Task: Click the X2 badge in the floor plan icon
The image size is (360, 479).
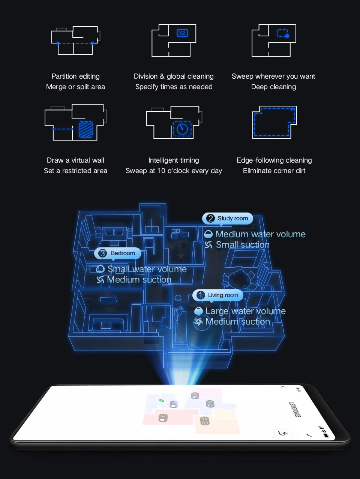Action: point(182,33)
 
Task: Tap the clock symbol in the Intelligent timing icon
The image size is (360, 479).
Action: point(182,129)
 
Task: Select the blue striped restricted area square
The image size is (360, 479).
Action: point(85,129)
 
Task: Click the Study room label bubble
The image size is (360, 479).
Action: point(228,219)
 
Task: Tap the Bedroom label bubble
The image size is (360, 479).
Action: point(118,253)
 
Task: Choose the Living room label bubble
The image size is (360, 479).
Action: point(218,295)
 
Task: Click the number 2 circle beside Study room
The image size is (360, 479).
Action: point(210,219)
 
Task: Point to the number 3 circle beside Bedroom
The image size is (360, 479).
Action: point(102,253)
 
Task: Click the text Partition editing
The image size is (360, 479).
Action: point(75,76)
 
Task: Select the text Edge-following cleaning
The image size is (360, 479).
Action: point(274,160)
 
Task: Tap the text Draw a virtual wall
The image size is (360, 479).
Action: point(75,160)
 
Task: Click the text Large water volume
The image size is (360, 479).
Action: point(245,311)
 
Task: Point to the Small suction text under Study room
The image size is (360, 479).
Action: point(243,245)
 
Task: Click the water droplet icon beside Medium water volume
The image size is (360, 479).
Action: point(208,234)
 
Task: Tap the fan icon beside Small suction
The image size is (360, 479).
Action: point(208,245)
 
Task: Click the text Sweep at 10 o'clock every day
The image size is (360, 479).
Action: point(174,171)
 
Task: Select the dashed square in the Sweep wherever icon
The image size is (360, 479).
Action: point(282,33)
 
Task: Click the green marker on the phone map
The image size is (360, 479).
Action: point(161,400)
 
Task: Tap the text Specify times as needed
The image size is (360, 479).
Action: point(174,87)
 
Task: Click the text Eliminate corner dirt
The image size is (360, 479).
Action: point(274,171)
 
